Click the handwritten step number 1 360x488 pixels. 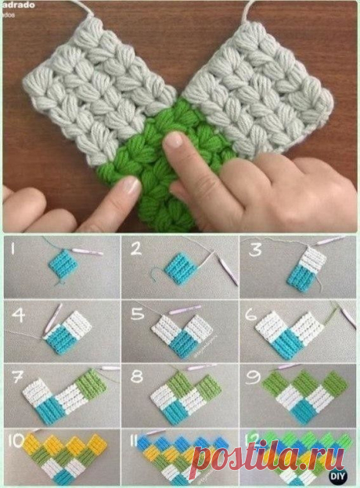(x=15, y=251)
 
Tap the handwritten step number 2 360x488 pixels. (x=135, y=251)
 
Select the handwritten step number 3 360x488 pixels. (x=254, y=251)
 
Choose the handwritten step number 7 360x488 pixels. (x=16, y=375)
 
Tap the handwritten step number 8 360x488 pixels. (x=136, y=375)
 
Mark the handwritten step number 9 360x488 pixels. (x=255, y=375)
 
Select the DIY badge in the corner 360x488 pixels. (x=343, y=473)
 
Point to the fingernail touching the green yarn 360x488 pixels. (x=174, y=141)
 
